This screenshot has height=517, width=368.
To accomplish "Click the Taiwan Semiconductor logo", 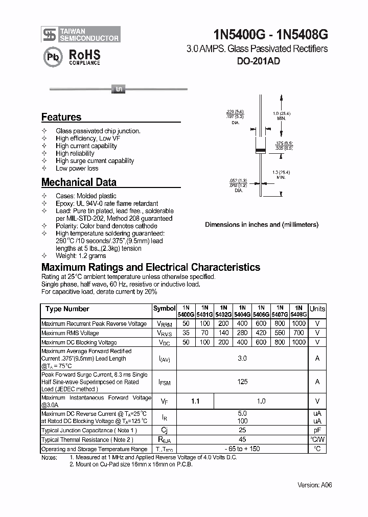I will click(81, 34).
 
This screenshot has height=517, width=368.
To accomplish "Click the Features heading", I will click(61, 117).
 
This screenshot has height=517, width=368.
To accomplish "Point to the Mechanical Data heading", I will click(79, 182).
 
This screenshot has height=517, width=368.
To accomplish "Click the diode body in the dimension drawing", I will click(261, 148).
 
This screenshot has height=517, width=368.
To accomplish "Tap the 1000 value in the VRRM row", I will click(298, 323).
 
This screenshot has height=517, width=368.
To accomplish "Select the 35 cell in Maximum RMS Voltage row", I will click(186, 333).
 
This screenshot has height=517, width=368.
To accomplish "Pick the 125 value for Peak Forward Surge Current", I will click(242, 382).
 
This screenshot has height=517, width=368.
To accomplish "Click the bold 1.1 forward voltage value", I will click(195, 402).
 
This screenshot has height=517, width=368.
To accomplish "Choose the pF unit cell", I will click(317, 431).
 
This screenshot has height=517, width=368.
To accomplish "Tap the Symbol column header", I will click(164, 309).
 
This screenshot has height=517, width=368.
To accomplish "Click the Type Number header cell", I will click(67, 309).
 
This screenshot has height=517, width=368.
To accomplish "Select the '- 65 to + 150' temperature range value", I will click(242, 449).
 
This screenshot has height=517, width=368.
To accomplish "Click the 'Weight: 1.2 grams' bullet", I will click(81, 255).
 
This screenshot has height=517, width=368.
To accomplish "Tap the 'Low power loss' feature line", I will click(77, 168).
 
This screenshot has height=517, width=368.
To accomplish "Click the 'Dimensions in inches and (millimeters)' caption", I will click(261, 224).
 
